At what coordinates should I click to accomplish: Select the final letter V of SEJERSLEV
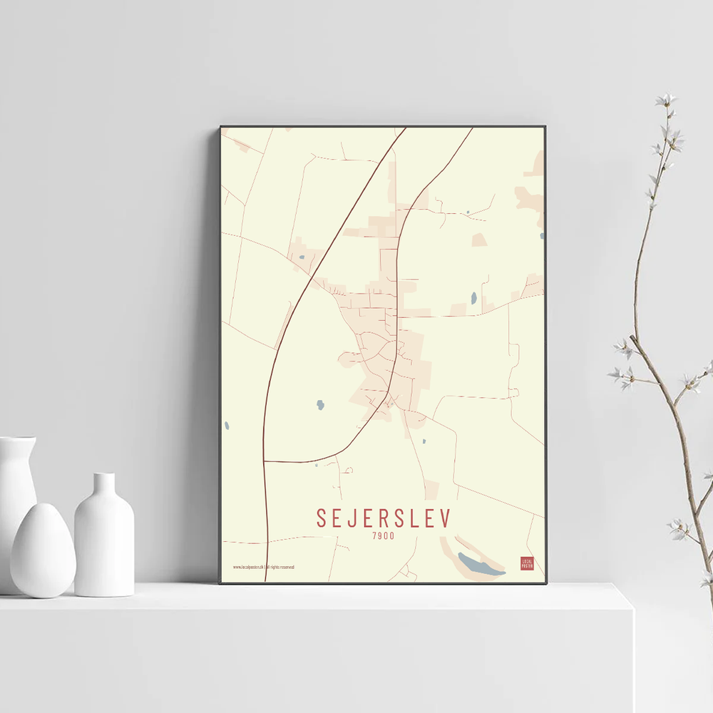click(446, 518)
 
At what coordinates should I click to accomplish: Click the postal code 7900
click(383, 535)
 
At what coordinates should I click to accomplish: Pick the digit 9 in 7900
click(380, 535)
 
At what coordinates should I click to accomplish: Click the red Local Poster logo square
click(527, 563)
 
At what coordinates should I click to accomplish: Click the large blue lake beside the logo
click(480, 564)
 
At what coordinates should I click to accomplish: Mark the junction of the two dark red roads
click(265, 461)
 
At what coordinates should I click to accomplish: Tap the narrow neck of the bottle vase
click(105, 484)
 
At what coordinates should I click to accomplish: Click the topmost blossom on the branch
click(666, 99)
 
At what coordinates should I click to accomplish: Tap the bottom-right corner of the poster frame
click(545, 583)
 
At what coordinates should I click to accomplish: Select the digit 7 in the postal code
click(374, 535)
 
